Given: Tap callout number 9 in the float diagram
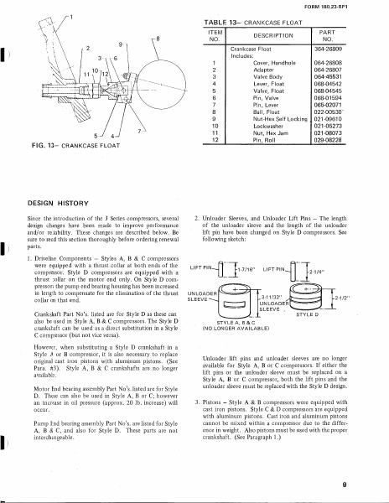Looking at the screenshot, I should point(122,43).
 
